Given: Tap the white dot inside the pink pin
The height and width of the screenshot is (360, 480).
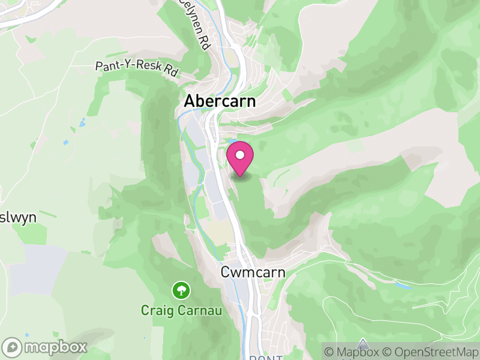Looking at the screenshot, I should point(240,155).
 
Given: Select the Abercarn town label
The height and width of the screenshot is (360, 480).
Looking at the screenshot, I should point(220,101).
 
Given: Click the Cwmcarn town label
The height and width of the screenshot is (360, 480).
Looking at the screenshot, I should point(253,273).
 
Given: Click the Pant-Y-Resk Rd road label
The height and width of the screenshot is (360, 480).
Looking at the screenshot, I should point(137,67).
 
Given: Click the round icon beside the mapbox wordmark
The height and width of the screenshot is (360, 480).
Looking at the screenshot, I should point(13,347).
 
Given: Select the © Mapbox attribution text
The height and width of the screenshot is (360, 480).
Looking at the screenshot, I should point(353,351).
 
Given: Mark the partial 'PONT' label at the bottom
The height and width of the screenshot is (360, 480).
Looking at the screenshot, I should point(265,358).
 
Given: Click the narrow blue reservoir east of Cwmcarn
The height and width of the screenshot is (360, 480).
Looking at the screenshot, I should point(403,286).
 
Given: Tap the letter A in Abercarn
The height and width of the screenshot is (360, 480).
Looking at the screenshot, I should point(190,101).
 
